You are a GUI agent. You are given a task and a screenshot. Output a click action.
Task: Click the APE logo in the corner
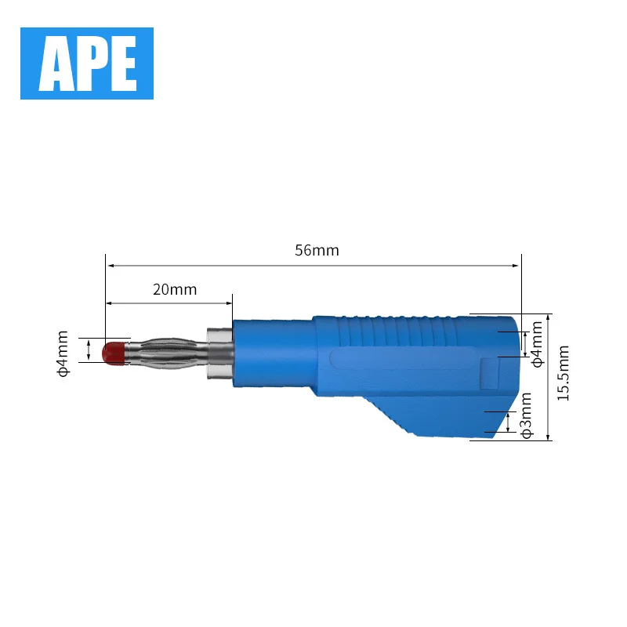pyautogui.click(x=87, y=63)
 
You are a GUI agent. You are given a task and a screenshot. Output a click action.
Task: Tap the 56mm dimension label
pyautogui.click(x=317, y=250)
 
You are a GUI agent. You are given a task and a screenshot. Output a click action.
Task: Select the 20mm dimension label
pyautogui.click(x=175, y=289)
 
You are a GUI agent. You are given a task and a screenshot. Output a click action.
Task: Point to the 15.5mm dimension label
pyautogui.click(x=563, y=373)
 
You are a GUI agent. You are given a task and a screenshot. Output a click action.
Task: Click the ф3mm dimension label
pyautogui.click(x=527, y=415)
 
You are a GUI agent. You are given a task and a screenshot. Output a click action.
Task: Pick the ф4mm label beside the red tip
pyautogui.click(x=63, y=353)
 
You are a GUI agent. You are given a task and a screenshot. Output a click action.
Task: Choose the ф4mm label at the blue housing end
pyautogui.click(x=538, y=344)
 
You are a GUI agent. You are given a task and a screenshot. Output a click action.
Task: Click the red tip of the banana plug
pyautogui.click(x=114, y=353)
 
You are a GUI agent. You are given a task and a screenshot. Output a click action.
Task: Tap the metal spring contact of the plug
pyautogui.click(x=166, y=353)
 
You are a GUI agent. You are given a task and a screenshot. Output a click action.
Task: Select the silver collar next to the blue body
pyautogui.click(x=219, y=353)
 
